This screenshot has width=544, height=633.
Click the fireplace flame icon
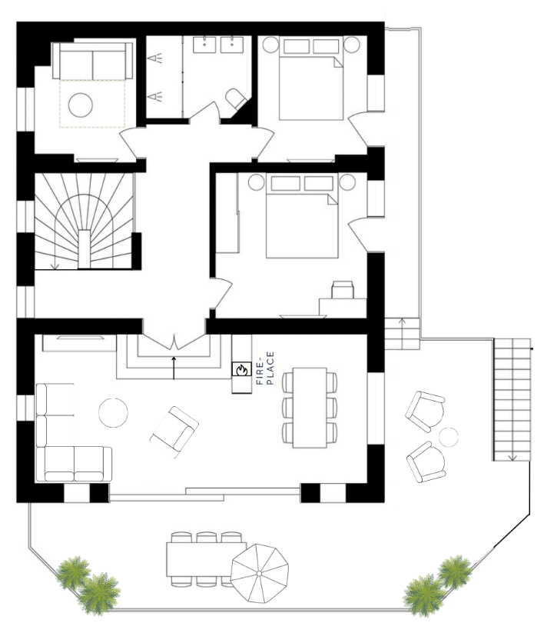pos(241,369)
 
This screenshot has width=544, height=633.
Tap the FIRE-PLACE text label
pos(265,368)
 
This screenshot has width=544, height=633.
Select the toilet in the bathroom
pos(236,98)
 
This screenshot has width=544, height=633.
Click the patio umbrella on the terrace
pos(259,573)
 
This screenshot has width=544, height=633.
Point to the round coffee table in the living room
pos(113,412)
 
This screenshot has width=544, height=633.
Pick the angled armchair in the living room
pos(174,432)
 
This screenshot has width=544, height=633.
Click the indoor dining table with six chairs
pos(310,408)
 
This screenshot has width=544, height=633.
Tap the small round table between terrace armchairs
pos(449,437)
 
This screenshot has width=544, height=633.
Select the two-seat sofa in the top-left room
pos(92,61)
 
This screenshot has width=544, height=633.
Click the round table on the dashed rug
pos(81,105)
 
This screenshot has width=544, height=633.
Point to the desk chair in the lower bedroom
pos(343,289)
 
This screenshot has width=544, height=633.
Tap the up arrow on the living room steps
pos(174,368)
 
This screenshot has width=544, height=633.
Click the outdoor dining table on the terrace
pos(206,559)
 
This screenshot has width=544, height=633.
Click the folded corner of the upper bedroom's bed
pos(338,62)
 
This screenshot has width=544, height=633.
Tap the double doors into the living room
pos(174,341)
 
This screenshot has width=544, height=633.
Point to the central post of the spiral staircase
pos(85,249)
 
